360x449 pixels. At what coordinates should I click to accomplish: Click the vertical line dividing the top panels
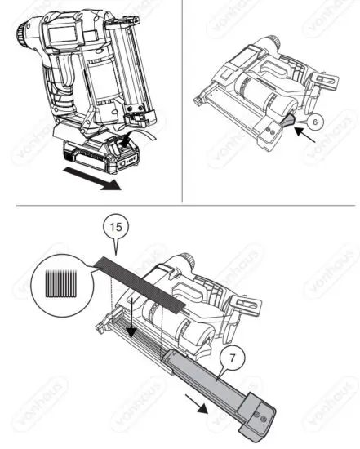coord(181,98)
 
